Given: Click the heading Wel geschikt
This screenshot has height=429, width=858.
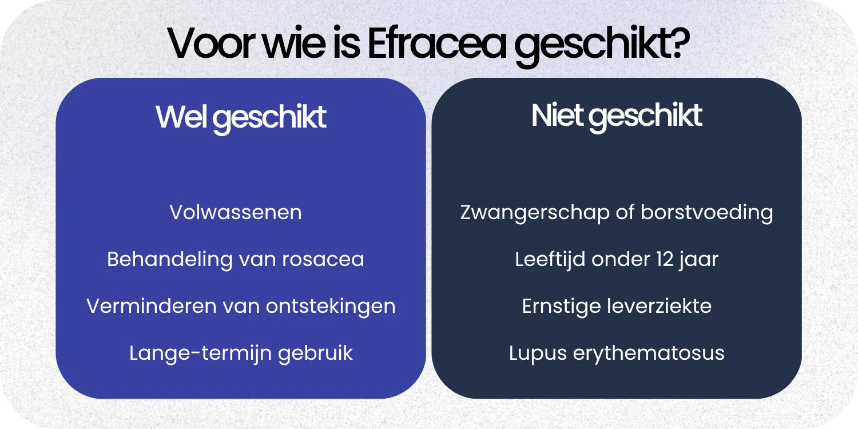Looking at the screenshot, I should pos(241,117).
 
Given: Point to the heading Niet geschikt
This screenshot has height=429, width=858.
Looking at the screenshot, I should pos(617,116).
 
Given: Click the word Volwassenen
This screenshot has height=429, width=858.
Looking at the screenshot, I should pos(236,212).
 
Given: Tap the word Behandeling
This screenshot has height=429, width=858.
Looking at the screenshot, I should pos(169,259).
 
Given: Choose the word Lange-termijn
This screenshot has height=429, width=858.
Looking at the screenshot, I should pos(200,353).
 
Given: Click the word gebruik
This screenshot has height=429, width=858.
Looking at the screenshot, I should pos(315,353).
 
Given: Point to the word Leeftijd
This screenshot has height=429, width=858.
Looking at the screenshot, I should pos(550,259).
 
